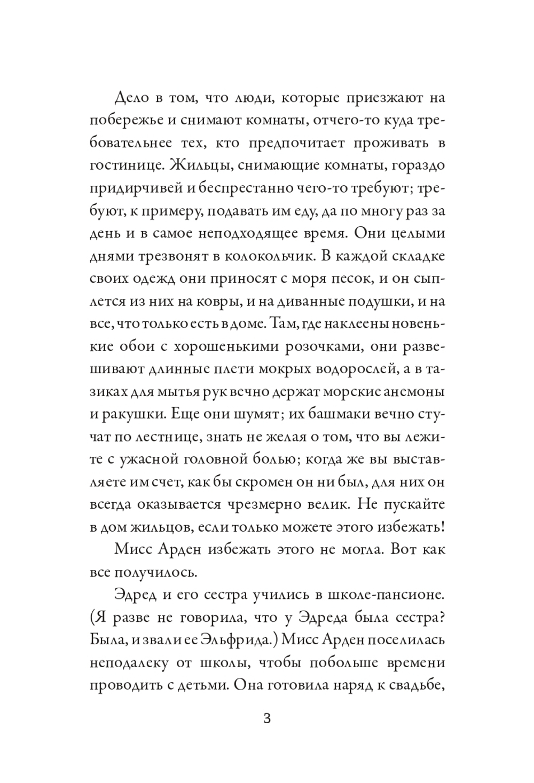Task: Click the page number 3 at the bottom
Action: coord(267,718)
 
